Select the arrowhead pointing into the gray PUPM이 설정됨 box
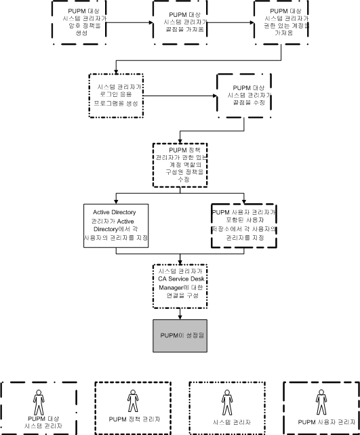(x=180, y=314)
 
